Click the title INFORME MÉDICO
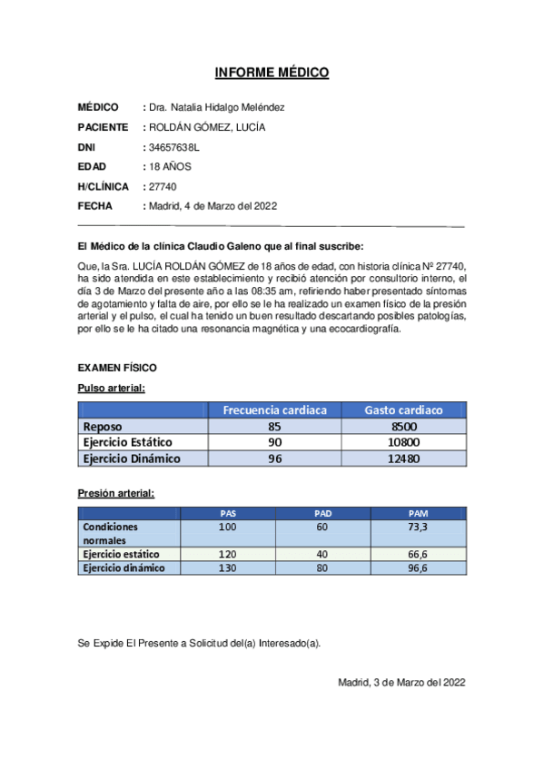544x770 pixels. point(272,73)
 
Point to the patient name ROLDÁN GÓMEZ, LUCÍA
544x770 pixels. point(207,127)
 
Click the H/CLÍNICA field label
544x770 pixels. point(104,186)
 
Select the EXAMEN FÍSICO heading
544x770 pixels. point(117,368)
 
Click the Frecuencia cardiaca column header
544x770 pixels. point(275,410)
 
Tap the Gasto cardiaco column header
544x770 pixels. point(403,410)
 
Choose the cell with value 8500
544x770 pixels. point(403,426)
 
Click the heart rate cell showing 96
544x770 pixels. point(275,459)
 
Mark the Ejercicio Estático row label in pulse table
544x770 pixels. point(127,442)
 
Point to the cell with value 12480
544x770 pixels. point(403,459)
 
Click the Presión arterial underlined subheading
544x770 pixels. point(115,493)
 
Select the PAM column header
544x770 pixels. point(418,513)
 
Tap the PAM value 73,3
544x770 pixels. point(418,527)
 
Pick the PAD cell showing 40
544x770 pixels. point(322,553)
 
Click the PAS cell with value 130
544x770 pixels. point(227,568)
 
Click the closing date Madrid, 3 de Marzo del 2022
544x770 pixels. point(401,682)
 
